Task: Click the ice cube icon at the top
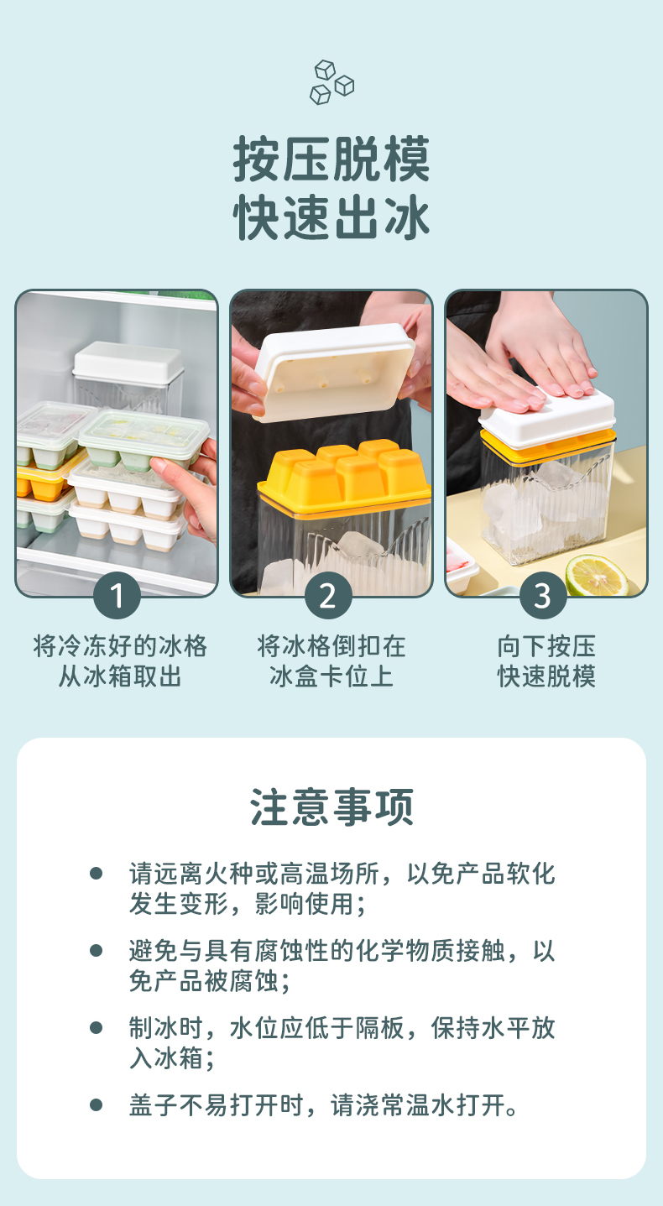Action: [331, 82]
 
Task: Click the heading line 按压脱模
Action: [331, 159]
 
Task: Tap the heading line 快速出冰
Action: [331, 217]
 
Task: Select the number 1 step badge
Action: [117, 596]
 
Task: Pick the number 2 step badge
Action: [328, 596]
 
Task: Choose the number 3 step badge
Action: [543, 596]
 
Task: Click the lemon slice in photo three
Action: [597, 575]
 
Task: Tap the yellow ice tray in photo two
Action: [345, 477]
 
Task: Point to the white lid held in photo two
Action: [334, 372]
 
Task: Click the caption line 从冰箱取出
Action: [119, 676]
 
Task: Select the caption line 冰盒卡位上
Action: [331, 676]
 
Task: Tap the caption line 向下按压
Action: [546, 646]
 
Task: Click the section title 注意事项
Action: [331, 807]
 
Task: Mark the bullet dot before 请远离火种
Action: [97, 874]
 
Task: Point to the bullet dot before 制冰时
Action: [97, 1028]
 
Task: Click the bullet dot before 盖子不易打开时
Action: [97, 1105]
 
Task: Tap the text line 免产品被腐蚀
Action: [210, 981]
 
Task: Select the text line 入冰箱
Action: [172, 1058]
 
